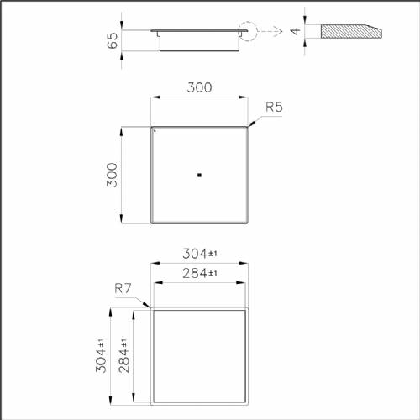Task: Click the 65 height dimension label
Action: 113,40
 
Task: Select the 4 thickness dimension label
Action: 295,31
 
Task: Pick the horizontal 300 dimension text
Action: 199,87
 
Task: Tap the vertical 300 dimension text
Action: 113,175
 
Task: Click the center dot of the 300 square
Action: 199,175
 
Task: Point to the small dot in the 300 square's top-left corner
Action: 155,131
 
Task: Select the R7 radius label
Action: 123,290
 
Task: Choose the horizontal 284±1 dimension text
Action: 200,273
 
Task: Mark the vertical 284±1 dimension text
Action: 123,356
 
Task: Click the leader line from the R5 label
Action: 255,121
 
